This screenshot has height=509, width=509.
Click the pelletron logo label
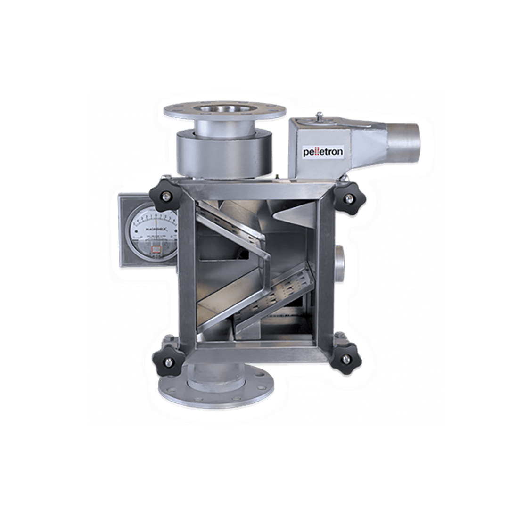pyautogui.click(x=323, y=152)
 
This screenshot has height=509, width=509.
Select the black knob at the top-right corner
pyautogui.click(x=349, y=198)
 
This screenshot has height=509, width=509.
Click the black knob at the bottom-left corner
pyautogui.click(x=168, y=361)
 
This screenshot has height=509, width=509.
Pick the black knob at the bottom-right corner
pyautogui.click(x=345, y=358)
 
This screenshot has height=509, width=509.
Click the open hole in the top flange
pyautogui.click(x=224, y=109)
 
